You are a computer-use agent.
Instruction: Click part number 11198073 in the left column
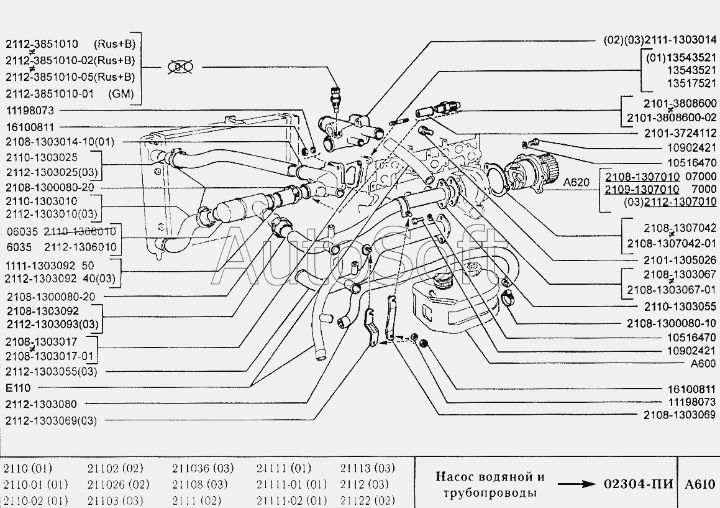pos(30,110)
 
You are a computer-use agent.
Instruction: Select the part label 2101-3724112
pos(671,133)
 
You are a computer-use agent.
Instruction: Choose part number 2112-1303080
pos(41,404)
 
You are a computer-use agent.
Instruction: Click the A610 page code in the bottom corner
pos(700,484)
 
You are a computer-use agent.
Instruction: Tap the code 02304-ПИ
pos(638,484)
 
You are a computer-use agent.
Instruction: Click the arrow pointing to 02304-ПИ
pos(576,484)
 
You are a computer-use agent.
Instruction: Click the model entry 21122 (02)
pos(367,501)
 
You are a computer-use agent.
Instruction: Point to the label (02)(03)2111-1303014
pos(660,39)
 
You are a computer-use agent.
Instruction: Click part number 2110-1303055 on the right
pos(672,307)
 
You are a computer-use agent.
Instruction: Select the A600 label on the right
pos(703,364)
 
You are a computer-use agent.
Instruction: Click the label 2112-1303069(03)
pos(51,420)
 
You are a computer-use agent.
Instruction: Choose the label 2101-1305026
pos(671,259)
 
